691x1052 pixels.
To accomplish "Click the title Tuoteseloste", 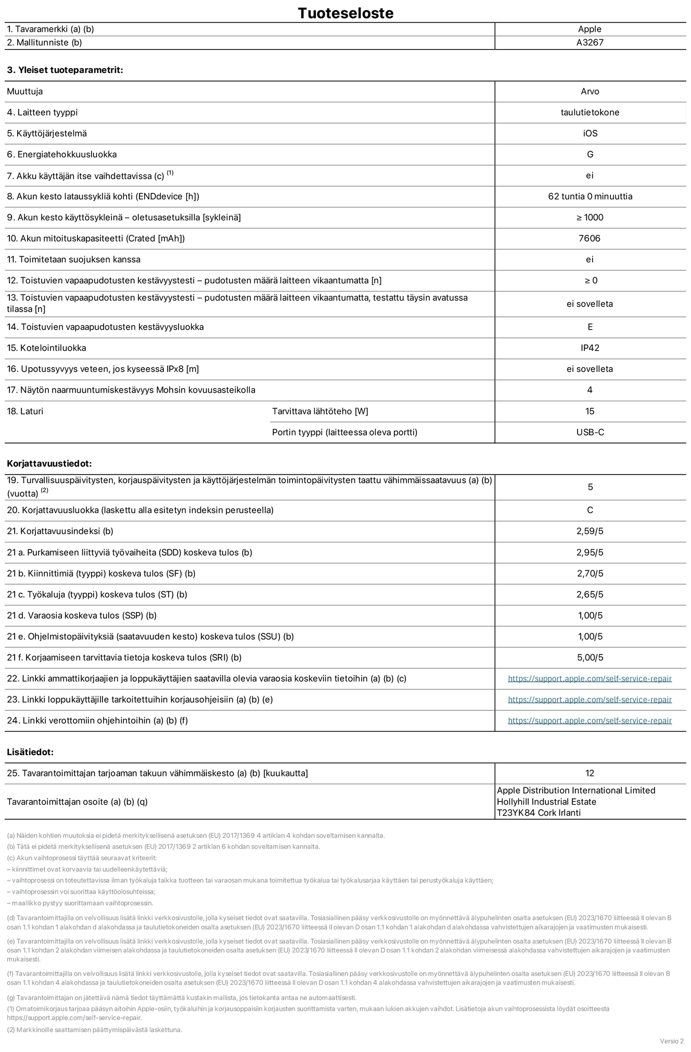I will pos(345,13).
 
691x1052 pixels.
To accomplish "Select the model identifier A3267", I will pos(590,43).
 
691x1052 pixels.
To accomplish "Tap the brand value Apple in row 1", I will pos(590,29).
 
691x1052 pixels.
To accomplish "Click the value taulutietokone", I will pos(590,112).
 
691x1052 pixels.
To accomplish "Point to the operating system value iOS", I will pos(590,133).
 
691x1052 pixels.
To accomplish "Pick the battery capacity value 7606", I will pos(590,239).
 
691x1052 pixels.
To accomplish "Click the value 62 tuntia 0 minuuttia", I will pos(590,196).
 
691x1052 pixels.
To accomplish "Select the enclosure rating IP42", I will pos(590,348).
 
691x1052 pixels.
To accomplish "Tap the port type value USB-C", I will pos(590,432).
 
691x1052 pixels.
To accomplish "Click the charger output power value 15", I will pos(590,411).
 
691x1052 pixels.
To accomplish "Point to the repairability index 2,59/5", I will pos(590,531).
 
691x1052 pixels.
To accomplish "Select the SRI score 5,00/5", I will pos(590,657).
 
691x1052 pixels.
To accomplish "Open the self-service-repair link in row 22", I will pos(590,679).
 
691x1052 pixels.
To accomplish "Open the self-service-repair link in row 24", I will pos(590,721).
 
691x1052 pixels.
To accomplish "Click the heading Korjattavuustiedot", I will pos(49,464).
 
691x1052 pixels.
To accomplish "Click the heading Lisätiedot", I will pos(30,752).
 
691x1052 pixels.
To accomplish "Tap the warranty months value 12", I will pos(590,773).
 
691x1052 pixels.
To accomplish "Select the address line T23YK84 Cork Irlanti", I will pos(539,812).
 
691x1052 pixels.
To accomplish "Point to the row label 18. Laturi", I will pos(25,411).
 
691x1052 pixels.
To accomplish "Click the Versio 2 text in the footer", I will pos(671,1041).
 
